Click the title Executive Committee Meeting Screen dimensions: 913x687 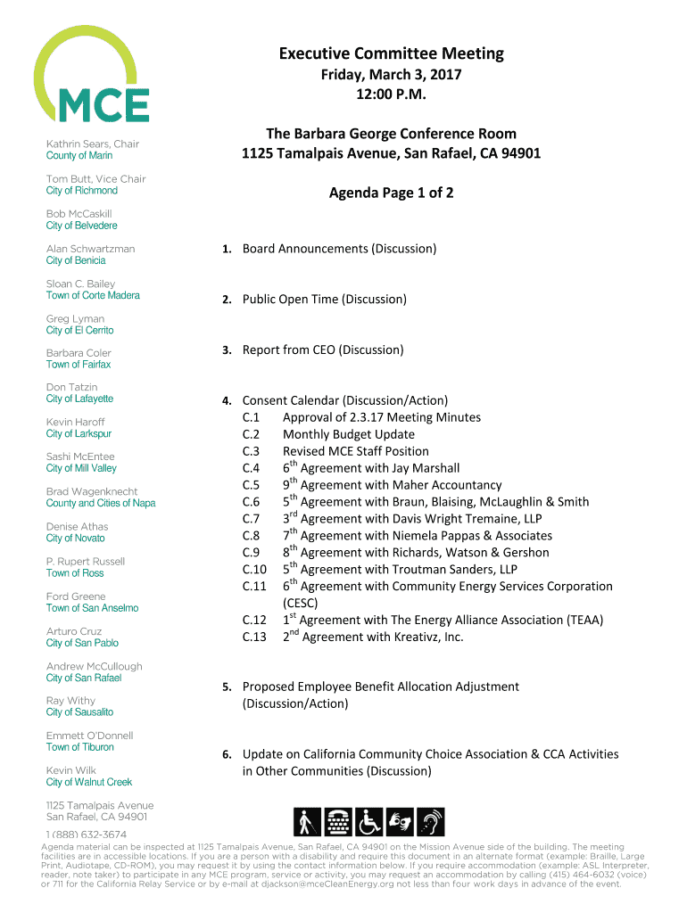click(x=391, y=53)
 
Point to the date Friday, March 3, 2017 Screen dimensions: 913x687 click(x=391, y=76)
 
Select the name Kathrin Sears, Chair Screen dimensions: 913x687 click(x=93, y=144)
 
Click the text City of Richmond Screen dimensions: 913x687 click(x=82, y=191)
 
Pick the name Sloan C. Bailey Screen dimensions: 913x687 click(x=80, y=284)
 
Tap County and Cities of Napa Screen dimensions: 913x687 click(x=101, y=503)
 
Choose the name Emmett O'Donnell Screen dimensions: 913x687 click(x=90, y=736)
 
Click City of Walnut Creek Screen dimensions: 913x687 click(x=89, y=782)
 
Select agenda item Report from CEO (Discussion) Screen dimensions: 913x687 click(x=323, y=350)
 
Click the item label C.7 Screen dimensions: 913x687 click(x=251, y=519)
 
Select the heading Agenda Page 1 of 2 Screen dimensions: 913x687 click(x=391, y=192)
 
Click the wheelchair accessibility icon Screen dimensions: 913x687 click(x=368, y=821)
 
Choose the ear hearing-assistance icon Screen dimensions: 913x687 click(x=431, y=821)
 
